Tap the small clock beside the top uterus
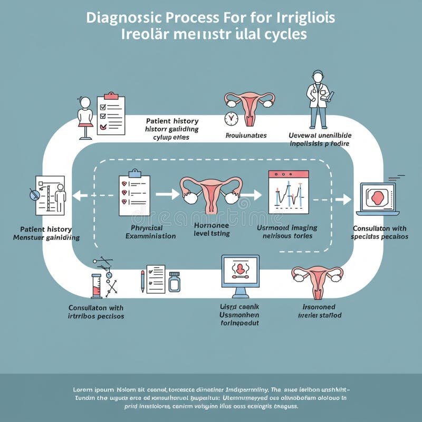(231, 118)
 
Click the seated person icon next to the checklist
(85, 117)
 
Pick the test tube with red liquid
(96, 286)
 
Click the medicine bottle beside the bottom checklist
(174, 282)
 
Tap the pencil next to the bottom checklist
(142, 281)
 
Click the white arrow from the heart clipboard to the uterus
(167, 195)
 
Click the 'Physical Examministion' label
(150, 232)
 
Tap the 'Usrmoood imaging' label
(287, 228)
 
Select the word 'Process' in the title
(190, 17)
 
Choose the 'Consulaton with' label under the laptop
(379, 228)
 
